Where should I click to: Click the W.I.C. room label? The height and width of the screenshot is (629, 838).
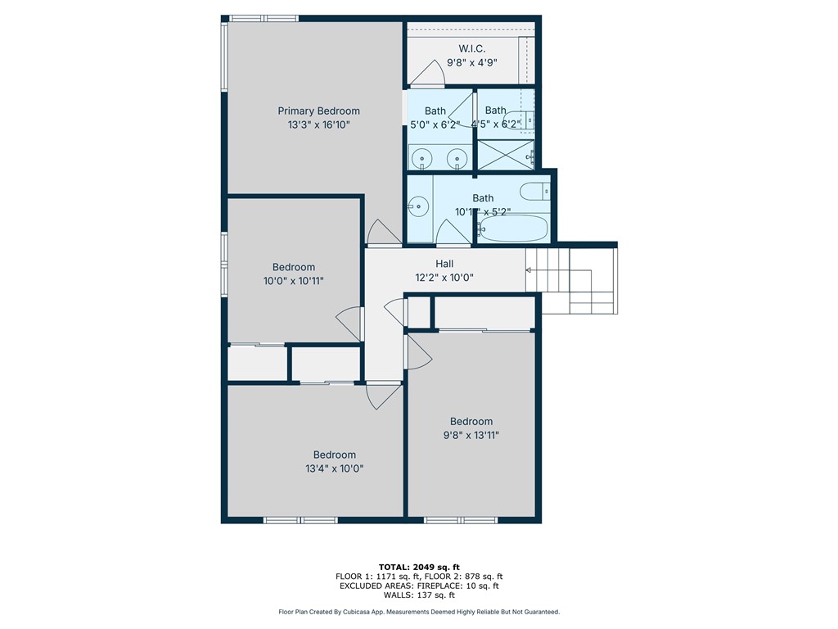point(471,49)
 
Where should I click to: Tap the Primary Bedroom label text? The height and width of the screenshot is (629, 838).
point(318,111)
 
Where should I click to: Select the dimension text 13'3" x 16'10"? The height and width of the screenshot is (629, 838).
point(318,124)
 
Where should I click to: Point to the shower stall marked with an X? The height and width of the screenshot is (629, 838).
point(505,155)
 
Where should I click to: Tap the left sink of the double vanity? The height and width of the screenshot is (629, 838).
point(423,157)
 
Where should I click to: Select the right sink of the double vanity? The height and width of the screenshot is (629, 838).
point(458,157)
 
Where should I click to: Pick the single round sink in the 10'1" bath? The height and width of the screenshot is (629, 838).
point(419,206)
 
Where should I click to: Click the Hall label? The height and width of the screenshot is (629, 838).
point(444,264)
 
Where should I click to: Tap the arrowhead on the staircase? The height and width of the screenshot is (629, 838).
point(529,269)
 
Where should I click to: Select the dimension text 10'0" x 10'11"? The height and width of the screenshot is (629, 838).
point(294,280)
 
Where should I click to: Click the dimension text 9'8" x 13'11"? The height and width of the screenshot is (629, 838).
point(471,435)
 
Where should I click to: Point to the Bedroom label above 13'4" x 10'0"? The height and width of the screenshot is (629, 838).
point(335,455)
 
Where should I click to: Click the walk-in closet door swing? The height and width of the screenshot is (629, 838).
point(429,75)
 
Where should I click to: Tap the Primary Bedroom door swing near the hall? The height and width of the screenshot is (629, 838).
point(381,233)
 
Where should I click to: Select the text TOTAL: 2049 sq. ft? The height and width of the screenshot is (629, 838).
point(419,567)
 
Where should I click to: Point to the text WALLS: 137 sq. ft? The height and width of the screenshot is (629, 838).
point(419,595)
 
